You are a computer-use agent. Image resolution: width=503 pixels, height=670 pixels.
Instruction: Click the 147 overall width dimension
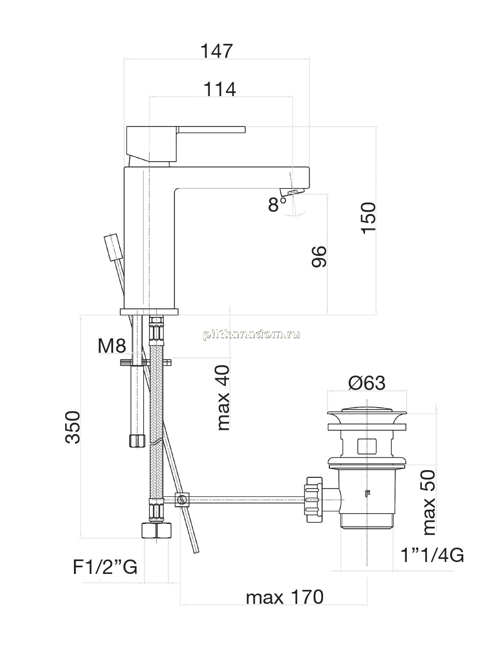pos(217,51)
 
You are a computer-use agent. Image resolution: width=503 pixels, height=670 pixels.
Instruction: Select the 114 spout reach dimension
pos(220,89)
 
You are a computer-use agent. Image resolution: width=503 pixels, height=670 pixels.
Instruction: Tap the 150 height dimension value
pos(368,218)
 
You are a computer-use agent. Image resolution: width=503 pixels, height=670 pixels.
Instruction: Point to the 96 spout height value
pos(319,257)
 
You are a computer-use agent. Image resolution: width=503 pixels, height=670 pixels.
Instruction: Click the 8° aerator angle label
pos(278,204)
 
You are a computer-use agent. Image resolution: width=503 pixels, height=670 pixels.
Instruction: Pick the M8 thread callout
pos(112,346)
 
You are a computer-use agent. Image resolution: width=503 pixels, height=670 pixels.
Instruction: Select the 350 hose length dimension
pos(73,428)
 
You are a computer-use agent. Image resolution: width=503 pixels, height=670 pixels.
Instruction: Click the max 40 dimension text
pos(223,398)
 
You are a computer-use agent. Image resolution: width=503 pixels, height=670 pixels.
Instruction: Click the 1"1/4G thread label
pos(432,555)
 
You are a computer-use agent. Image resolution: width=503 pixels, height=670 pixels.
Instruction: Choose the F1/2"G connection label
pos(105,567)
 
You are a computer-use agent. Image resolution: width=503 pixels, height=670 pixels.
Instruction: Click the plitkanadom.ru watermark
pos(251,335)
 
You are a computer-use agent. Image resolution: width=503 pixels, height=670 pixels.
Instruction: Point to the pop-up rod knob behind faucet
pos(114,247)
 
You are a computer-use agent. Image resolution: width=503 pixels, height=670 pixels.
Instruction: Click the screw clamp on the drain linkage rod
pos(182,500)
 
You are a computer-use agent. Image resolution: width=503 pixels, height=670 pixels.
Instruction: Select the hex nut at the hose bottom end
pos(156,531)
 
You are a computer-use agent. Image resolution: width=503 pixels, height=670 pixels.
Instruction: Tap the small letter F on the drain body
pos(368,493)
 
